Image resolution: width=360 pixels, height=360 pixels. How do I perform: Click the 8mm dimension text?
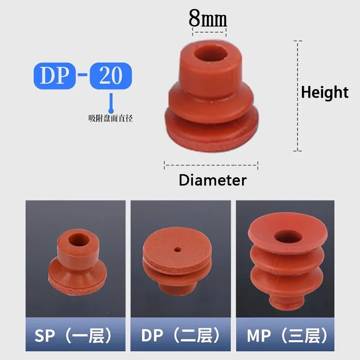[208, 18]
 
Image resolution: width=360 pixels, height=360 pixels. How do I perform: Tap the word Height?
[324, 92]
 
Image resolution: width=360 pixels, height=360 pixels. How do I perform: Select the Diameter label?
[212, 180]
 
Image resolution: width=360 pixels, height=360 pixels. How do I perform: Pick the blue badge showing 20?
[111, 75]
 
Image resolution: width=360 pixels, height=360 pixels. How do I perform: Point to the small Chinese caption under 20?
[111, 119]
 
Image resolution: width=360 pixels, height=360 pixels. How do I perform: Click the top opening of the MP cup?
[286, 236]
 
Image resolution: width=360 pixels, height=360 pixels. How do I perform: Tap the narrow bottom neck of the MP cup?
[287, 305]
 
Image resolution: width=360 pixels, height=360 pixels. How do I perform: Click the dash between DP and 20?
[82, 75]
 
